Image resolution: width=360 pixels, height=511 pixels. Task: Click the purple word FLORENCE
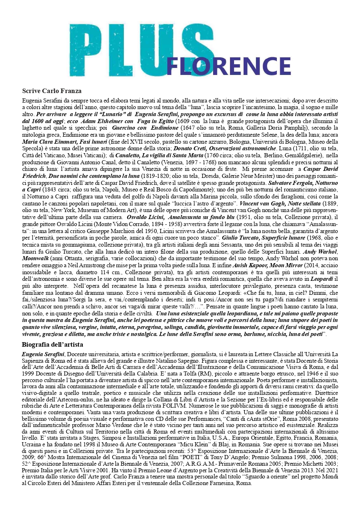229,65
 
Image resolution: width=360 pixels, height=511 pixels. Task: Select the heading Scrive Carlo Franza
52,91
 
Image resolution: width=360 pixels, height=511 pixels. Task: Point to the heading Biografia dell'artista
53,344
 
